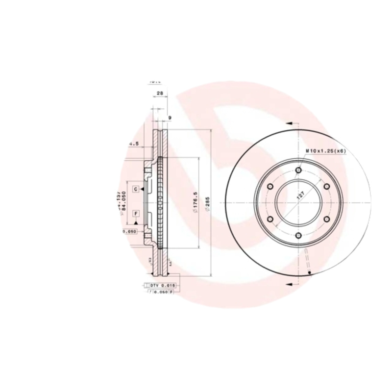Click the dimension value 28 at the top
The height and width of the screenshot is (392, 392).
click(160, 93)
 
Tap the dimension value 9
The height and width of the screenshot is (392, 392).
click(170, 118)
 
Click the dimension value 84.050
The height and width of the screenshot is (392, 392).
click(124, 200)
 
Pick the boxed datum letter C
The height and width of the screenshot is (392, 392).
click(135, 188)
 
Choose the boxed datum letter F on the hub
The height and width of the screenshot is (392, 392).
click(135, 213)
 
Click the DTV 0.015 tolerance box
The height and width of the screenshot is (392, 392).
click(161, 285)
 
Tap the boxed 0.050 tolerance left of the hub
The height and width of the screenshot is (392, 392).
click(129, 232)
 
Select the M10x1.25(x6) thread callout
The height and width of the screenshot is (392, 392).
click(326, 151)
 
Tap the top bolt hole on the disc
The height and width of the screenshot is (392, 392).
click(298, 170)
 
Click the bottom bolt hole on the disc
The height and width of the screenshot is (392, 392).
click(298, 236)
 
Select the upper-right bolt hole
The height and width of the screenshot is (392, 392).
click(326, 186)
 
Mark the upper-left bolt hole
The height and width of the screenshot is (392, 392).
click(269, 186)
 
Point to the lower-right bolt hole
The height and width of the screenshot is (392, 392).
click(326, 220)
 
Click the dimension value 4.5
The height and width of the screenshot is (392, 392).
click(134, 144)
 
